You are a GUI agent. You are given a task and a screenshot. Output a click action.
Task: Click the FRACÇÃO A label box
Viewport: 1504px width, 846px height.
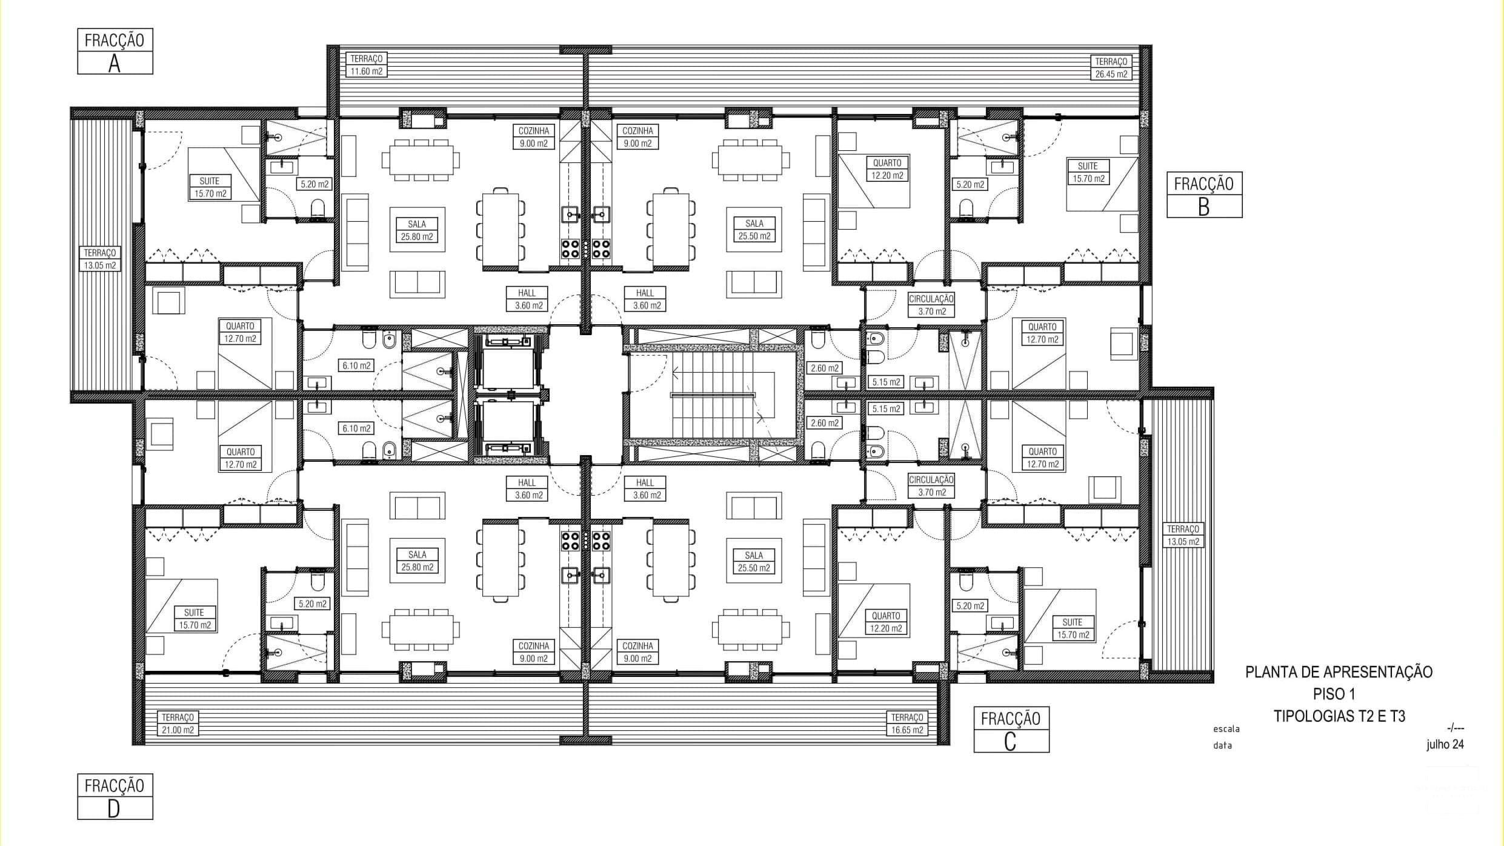(115, 52)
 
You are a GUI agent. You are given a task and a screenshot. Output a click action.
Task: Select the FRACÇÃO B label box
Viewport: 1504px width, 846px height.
(1204, 195)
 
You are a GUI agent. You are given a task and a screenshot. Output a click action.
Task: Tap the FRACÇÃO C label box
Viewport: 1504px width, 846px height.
(1011, 730)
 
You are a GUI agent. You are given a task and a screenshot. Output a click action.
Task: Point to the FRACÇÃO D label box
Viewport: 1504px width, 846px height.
(115, 796)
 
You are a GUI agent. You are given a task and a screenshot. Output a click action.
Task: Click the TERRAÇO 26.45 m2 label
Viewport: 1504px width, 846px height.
(1111, 67)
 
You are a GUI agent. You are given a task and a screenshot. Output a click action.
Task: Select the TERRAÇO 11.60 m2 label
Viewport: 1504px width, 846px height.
(367, 65)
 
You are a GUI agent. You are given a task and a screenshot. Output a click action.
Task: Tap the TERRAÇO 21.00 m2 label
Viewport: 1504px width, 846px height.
(178, 724)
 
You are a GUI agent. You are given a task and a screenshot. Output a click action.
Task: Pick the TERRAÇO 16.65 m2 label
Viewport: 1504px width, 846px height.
(907, 724)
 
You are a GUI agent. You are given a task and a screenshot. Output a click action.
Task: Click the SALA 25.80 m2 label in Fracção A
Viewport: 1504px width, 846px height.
(417, 230)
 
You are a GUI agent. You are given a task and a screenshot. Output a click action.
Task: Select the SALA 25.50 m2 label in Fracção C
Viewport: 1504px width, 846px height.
(754, 561)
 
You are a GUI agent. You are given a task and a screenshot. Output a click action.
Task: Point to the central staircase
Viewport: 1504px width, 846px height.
(713, 395)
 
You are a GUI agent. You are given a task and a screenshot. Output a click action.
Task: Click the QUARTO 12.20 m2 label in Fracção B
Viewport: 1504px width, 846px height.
(887, 169)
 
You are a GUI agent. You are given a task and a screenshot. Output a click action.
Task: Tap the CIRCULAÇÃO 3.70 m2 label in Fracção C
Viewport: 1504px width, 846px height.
(931, 485)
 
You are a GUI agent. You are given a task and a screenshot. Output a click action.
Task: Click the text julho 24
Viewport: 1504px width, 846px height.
(1445, 745)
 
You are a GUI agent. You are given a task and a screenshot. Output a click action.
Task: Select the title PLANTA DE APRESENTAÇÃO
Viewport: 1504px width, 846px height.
(1339, 672)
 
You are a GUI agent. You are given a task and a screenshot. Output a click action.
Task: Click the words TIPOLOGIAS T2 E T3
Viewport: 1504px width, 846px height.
(1339, 716)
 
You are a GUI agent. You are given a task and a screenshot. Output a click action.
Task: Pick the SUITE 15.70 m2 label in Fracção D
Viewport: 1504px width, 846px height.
(194, 619)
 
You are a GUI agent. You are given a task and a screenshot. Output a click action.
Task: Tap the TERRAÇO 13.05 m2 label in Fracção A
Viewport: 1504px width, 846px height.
(100, 259)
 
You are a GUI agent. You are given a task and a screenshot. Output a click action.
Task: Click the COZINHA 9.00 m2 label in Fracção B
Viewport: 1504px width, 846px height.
(637, 137)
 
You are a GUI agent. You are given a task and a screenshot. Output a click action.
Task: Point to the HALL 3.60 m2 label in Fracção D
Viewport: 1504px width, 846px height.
(527, 488)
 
